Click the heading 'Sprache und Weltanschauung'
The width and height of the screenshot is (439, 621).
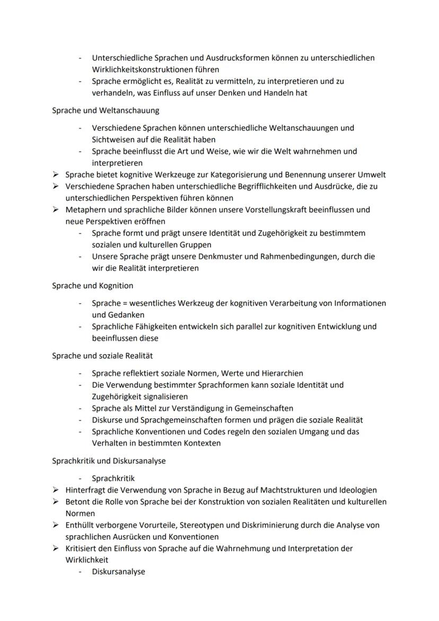pos(106,111)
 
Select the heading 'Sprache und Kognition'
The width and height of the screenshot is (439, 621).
pos(92,286)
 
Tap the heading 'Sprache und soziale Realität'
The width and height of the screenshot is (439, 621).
pos(102,356)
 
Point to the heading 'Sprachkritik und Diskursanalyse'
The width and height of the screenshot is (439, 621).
pos(109,461)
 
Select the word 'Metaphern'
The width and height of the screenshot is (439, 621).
pos(84,209)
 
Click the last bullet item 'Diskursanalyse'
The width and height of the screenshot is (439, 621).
pos(118,572)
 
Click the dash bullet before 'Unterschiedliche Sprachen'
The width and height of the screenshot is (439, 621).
pos(80,58)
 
